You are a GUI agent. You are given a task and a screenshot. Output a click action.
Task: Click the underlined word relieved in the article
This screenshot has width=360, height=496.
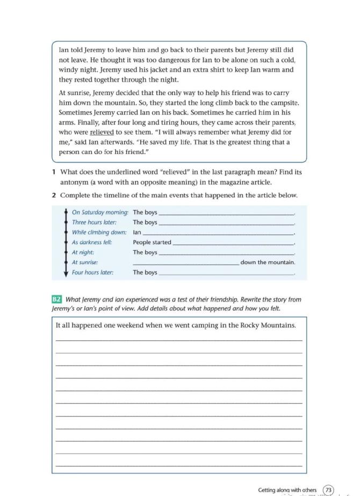point(102,132)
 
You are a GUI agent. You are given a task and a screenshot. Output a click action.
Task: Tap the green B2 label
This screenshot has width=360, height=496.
point(56,300)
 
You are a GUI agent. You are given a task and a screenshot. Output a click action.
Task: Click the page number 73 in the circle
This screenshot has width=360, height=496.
point(328,490)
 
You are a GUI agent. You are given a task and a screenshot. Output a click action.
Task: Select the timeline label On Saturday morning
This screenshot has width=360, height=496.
point(100,212)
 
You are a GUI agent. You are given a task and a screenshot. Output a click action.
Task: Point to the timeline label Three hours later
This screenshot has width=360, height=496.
point(94,222)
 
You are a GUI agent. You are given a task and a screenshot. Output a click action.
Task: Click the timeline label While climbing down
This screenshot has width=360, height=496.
point(99,232)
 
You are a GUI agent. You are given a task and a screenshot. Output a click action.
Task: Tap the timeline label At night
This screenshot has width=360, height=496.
point(83,252)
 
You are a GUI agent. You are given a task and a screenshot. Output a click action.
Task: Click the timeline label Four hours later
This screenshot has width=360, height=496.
point(92,273)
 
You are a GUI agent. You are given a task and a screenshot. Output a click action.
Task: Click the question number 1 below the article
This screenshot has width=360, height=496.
point(54,172)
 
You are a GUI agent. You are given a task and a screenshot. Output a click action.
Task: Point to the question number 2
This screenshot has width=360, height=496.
point(54,195)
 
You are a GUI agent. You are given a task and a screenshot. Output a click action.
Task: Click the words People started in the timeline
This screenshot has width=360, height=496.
point(152,242)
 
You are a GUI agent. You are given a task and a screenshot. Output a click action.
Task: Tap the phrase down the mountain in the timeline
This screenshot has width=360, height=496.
point(268,262)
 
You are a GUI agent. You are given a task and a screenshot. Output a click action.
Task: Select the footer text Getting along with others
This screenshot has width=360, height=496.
point(287,490)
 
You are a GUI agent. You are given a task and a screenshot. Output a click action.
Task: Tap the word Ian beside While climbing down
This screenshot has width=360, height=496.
point(137,232)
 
